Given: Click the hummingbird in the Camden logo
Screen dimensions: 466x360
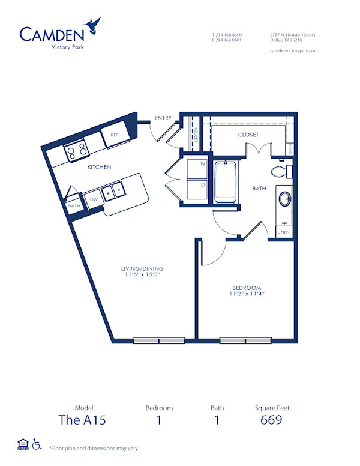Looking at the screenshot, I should click(93, 25).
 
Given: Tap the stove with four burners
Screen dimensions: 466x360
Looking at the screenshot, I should click(76, 151).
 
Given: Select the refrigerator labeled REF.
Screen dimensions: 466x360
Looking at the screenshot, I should click(114, 136).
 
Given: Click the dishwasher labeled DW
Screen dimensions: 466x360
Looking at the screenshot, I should click(94, 199).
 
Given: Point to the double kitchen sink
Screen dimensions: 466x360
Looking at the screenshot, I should click(113, 192).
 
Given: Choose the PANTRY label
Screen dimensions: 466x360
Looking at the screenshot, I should click(74, 206).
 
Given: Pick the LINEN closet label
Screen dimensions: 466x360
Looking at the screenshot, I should click(284, 232).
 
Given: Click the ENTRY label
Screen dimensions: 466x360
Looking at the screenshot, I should click(163, 118).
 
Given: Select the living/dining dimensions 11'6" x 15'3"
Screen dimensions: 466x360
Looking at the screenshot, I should click(143, 275).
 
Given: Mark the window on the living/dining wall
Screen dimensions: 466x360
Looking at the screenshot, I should click(159, 340).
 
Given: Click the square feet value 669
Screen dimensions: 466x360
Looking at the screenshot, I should click(272, 420).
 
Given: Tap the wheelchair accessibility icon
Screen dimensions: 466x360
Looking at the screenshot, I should click(36, 445).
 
